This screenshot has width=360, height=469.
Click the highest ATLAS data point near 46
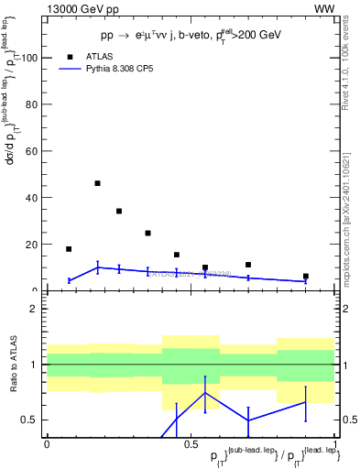(97, 183)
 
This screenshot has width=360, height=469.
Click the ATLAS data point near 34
(119, 211)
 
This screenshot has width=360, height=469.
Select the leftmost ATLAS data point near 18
(69, 248)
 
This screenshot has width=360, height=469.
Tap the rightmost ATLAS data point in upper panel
(306, 276)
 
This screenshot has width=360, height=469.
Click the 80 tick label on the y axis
(30, 104)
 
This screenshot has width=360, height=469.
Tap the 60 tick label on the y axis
(30, 151)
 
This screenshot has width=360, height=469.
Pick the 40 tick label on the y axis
(30, 198)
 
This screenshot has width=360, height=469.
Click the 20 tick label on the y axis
(30, 245)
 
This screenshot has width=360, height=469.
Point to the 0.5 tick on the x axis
(191, 443)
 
